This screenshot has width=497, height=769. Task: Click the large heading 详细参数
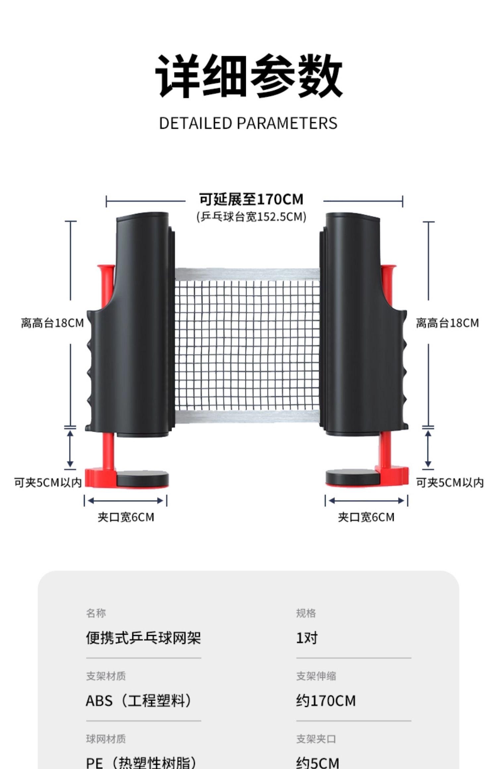tap(248, 76)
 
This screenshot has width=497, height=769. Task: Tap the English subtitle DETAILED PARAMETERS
tap(248, 123)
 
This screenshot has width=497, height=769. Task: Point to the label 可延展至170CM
tap(251, 199)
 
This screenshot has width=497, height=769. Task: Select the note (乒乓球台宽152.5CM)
tap(251, 217)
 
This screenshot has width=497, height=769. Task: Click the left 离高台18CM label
tap(52, 323)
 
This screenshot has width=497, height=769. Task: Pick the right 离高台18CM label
tap(447, 323)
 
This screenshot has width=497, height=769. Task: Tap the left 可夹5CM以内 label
tap(48, 483)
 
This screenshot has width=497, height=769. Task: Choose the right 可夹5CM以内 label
tap(450, 483)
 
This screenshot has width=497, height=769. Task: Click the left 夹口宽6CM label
tap(126, 517)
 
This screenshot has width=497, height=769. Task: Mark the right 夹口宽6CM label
tap(366, 517)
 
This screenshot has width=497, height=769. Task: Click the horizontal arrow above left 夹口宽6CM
tap(126, 501)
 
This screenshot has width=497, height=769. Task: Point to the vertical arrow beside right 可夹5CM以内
tap(428, 449)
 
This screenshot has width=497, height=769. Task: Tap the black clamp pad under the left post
tap(142, 479)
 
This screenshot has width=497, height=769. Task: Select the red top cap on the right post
tap(388, 268)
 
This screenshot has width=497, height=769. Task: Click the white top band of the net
tap(247, 274)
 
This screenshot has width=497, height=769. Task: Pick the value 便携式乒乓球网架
tap(143, 638)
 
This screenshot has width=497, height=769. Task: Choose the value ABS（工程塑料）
tap(139, 700)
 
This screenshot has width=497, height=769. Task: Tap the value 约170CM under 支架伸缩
tap(326, 700)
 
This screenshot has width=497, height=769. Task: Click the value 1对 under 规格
tap(306, 638)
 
